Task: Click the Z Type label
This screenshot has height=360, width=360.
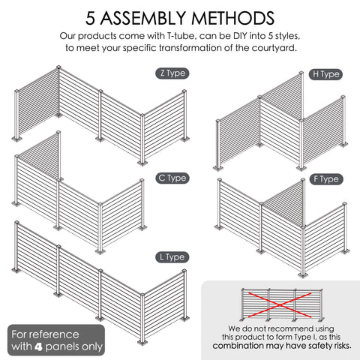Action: coord(172,73)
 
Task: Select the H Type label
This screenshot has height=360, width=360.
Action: coord(325,74)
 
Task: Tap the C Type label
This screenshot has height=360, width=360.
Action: coord(172,178)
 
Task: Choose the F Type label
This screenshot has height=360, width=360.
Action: coord(326,179)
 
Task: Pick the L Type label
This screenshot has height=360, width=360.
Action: coord(172,257)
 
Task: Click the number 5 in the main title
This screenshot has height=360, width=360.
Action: coord(90,18)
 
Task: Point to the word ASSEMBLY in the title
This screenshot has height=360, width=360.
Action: coord(144,18)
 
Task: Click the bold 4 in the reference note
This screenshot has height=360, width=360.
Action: coord(38,346)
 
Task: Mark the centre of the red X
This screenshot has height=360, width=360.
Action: coord(280,305)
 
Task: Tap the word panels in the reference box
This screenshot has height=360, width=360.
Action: coord(61,346)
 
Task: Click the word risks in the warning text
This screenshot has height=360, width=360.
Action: coord(343,346)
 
